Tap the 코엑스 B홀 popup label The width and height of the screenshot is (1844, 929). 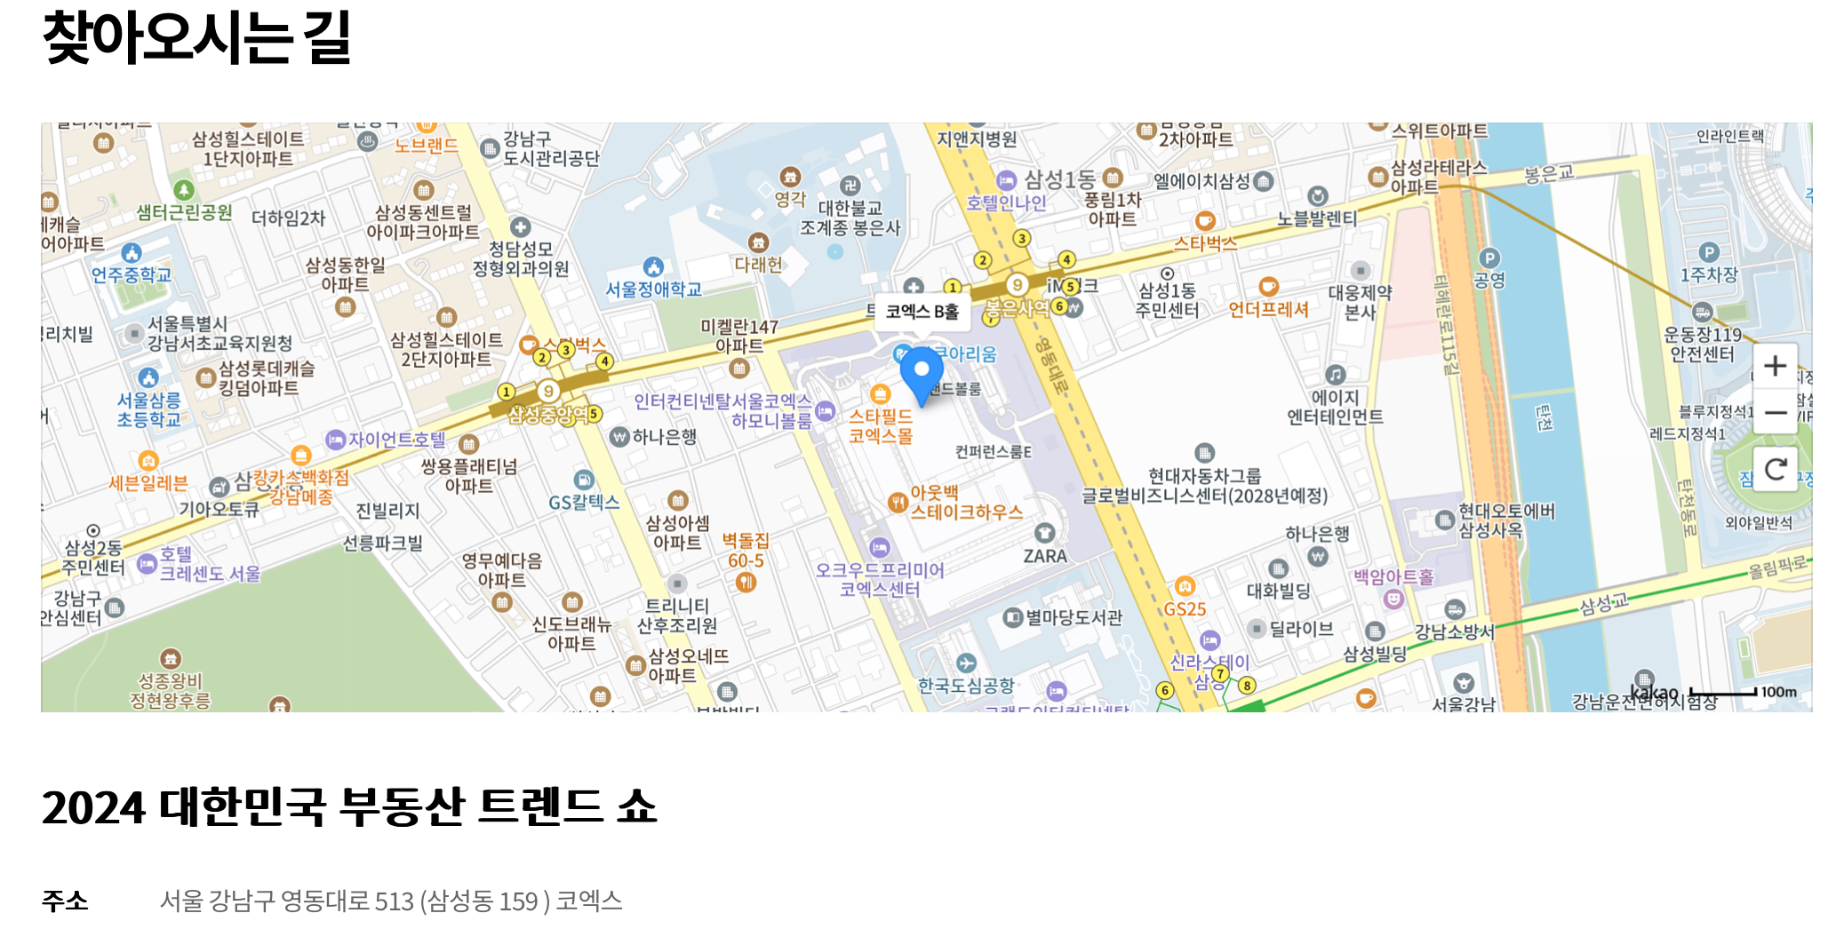pyautogui.click(x=922, y=312)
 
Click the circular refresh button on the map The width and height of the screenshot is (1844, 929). pyautogui.click(x=1775, y=469)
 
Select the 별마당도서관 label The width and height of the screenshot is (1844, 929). pyautogui.click(x=1074, y=617)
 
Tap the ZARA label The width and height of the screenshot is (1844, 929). pyautogui.click(x=1045, y=556)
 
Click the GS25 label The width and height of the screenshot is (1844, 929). pyautogui.click(x=1185, y=608)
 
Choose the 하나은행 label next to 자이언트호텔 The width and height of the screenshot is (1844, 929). pyautogui.click(x=664, y=436)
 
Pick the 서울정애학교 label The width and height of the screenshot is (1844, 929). pyautogui.click(x=653, y=290)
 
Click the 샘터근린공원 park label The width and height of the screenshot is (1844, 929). pyautogui.click(x=184, y=212)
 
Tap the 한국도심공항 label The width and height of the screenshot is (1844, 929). pyautogui.click(x=966, y=685)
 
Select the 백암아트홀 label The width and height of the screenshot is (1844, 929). pyautogui.click(x=1393, y=577)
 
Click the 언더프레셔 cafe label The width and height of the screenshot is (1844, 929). pyautogui.click(x=1268, y=309)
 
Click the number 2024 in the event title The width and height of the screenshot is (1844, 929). pyautogui.click(x=93, y=808)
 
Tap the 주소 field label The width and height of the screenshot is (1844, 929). pyautogui.click(x=65, y=901)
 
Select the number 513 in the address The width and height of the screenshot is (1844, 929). pyautogui.click(x=394, y=901)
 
